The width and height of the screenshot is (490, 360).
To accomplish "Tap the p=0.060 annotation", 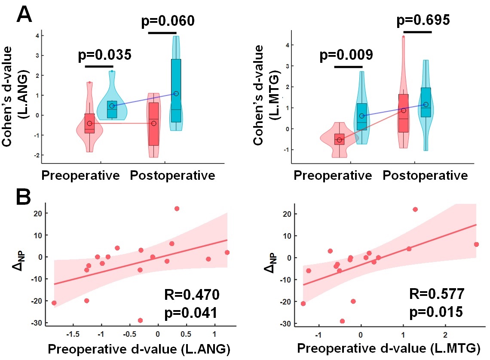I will click(x=168, y=21).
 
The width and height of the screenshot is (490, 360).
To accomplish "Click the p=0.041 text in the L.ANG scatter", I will click(x=192, y=312).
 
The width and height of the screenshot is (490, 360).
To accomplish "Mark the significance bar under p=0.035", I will click(x=99, y=66).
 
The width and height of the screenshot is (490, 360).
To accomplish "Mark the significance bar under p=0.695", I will click(x=417, y=32).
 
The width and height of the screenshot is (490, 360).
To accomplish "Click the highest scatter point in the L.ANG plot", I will click(x=177, y=209).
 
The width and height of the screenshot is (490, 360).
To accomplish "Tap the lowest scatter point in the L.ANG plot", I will click(x=140, y=320).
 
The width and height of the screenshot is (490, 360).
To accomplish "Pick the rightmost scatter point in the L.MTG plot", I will click(x=476, y=244).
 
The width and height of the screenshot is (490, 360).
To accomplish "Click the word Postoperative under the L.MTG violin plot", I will click(x=425, y=175).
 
